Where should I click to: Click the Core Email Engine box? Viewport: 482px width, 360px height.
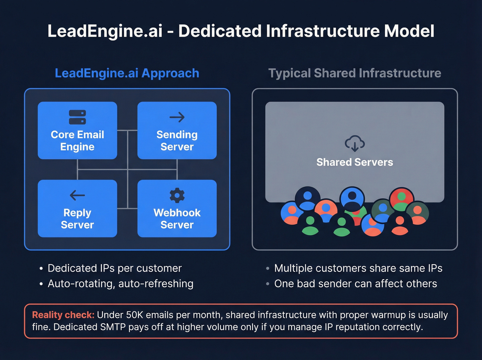[x=77, y=131]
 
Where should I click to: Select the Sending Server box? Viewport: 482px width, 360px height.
[x=177, y=131]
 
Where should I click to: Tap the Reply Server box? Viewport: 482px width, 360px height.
[x=77, y=208]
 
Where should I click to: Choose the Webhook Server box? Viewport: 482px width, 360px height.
[x=177, y=208]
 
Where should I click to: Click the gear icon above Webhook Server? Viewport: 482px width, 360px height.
[x=177, y=195]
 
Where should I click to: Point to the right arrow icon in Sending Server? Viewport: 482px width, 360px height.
[x=177, y=117]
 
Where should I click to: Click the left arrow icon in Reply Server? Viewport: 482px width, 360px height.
[x=77, y=195]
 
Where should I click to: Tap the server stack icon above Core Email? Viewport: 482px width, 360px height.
[x=77, y=117]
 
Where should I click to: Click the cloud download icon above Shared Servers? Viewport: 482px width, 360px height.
[x=355, y=144]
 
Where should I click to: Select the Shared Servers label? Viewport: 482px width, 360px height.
[x=355, y=162]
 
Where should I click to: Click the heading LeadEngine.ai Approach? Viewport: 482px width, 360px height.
[x=127, y=73]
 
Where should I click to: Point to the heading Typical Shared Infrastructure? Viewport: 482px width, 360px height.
[x=355, y=73]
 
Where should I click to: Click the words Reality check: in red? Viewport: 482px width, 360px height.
[x=63, y=315]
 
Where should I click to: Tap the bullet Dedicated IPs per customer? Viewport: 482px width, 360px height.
[x=114, y=268]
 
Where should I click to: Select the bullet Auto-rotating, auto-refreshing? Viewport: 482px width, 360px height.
[x=120, y=284]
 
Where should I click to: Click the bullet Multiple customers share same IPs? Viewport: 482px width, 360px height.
[x=358, y=268]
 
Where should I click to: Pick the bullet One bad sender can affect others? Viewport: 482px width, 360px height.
[x=355, y=284]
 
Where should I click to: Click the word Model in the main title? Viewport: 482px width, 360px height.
[x=409, y=31]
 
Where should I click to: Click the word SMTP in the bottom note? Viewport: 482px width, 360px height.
[x=113, y=327]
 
